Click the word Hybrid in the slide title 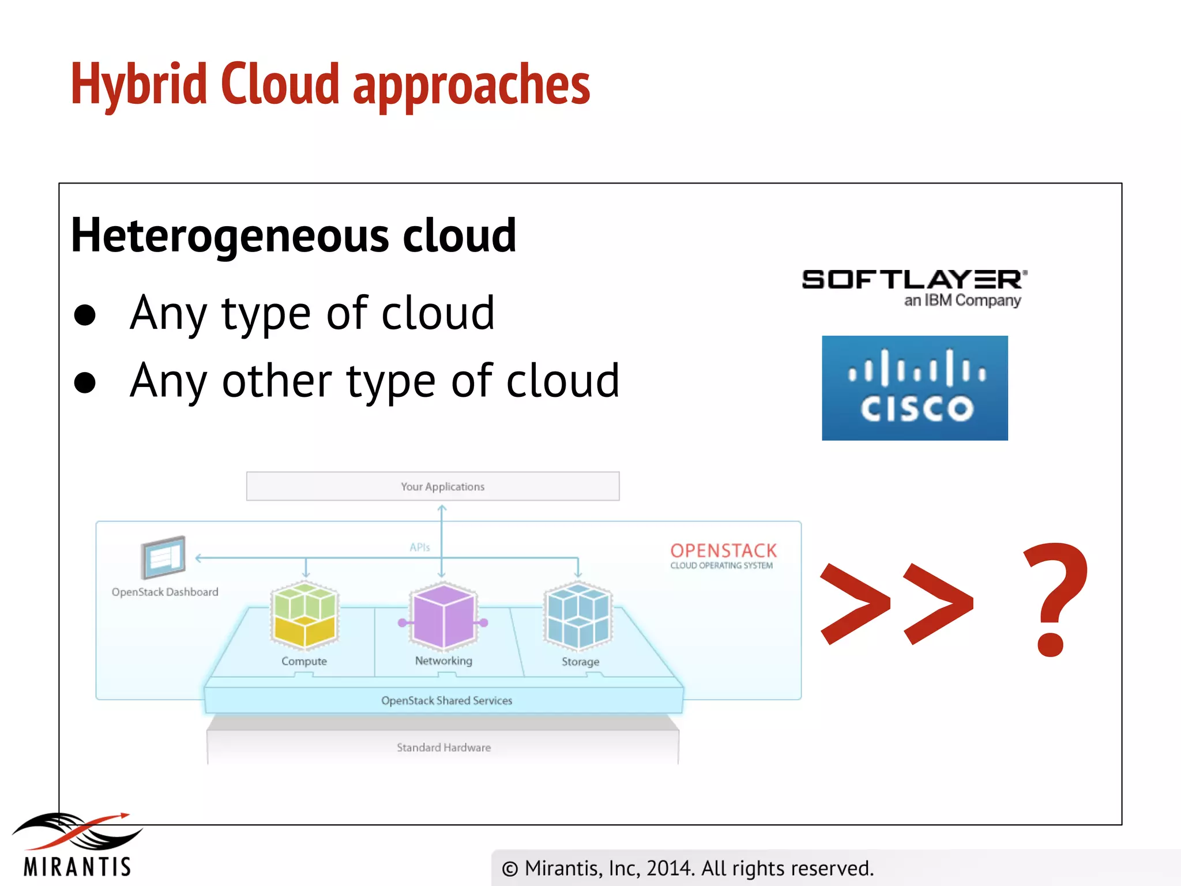pyautogui.click(x=138, y=85)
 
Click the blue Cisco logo pyautogui.click(x=915, y=388)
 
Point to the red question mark pyautogui.click(x=1055, y=600)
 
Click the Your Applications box pyautogui.click(x=432, y=486)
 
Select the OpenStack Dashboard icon pyautogui.click(x=163, y=557)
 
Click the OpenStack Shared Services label pyautogui.click(x=446, y=700)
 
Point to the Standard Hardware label pyautogui.click(x=443, y=748)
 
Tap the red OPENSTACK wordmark pyautogui.click(x=723, y=550)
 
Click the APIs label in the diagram pyautogui.click(x=420, y=547)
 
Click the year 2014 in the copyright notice pyautogui.click(x=670, y=868)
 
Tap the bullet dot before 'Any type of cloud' pyautogui.click(x=85, y=314)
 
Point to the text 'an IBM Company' pyautogui.click(x=962, y=301)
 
